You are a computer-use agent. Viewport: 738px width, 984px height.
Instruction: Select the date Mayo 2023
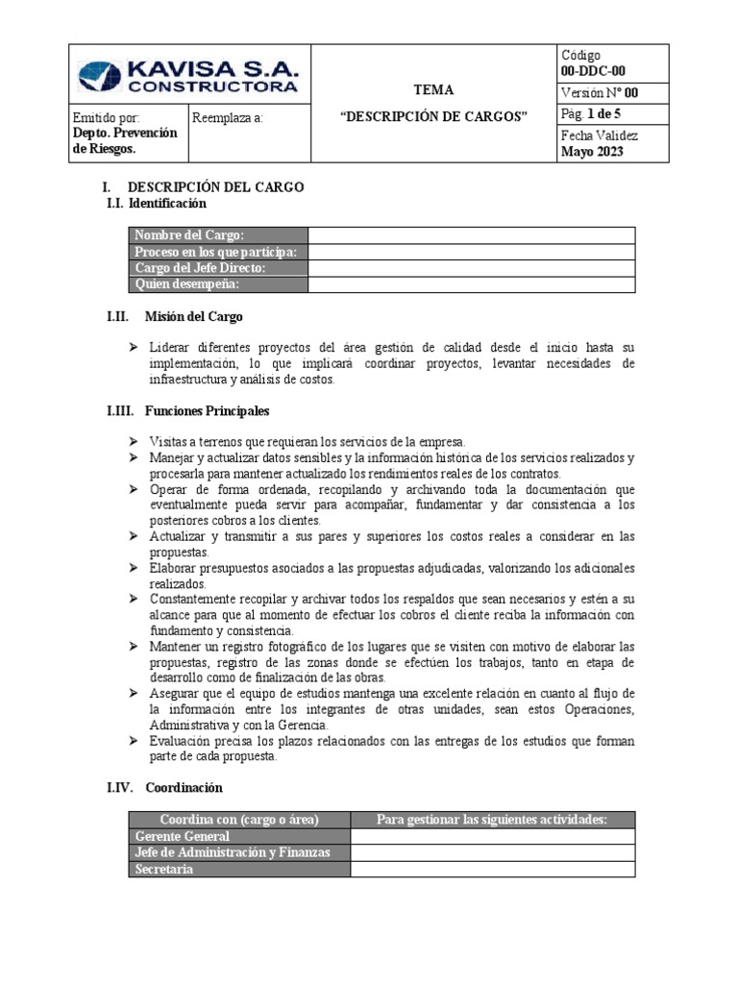tap(592, 152)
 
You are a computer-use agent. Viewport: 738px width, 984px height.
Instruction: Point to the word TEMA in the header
tap(433, 89)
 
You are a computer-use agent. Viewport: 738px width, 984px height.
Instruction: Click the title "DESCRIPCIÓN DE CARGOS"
tap(434, 116)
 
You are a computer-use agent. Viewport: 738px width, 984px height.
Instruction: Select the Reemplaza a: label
tap(227, 118)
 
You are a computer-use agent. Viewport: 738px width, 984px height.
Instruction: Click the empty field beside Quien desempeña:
tap(471, 284)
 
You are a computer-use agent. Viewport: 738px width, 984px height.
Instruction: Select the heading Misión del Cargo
tap(193, 316)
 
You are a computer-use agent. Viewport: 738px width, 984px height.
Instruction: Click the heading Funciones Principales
tap(207, 410)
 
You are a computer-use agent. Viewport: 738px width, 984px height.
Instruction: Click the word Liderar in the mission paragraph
tap(169, 347)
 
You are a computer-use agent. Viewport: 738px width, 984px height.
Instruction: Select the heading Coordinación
tap(184, 787)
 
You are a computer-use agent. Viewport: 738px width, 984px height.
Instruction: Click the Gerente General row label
tap(183, 836)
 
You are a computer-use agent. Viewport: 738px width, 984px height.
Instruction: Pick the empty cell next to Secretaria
tap(492, 869)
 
